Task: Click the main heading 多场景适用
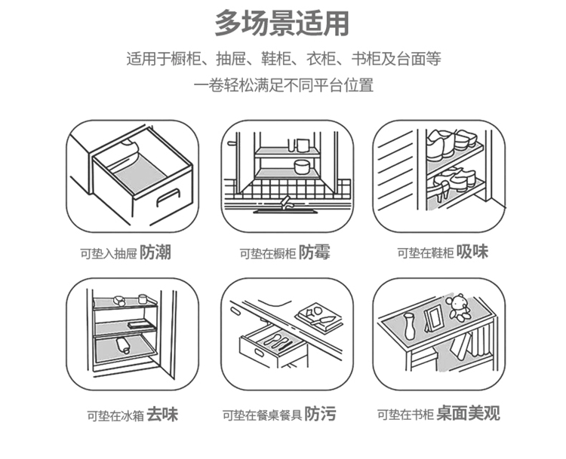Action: click(282, 23)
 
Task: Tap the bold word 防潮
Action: click(155, 252)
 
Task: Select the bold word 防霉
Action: click(314, 252)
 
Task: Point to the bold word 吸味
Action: click(472, 251)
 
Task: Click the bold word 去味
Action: click(162, 415)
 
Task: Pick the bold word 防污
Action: click(320, 414)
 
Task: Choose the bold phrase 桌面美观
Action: click(468, 413)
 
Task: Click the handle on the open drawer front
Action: click(168, 197)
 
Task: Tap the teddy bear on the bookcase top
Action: click(457, 308)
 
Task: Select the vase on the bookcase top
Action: click(409, 326)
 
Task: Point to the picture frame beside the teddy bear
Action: click(433, 317)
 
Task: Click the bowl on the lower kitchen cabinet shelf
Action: click(302, 167)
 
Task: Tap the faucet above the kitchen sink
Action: click(286, 202)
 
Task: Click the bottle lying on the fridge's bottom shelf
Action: click(123, 345)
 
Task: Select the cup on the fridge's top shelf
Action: click(143, 298)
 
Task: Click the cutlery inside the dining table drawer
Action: click(276, 341)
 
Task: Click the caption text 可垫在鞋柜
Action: click(426, 253)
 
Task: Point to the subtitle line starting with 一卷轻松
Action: click(283, 85)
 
